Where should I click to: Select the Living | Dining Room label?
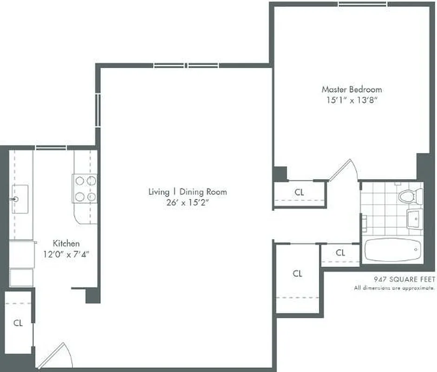point(188,192)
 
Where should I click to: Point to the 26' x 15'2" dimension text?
point(188,202)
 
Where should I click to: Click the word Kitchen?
point(66,243)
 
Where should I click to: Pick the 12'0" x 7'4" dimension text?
point(66,254)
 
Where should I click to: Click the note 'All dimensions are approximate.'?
point(394,288)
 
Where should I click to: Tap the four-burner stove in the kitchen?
point(85,188)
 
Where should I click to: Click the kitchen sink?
point(20,199)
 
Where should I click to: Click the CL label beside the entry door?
point(18,323)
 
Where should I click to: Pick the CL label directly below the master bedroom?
point(300,192)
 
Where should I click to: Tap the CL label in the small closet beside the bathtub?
point(340,253)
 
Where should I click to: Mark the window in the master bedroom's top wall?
point(362,4)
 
